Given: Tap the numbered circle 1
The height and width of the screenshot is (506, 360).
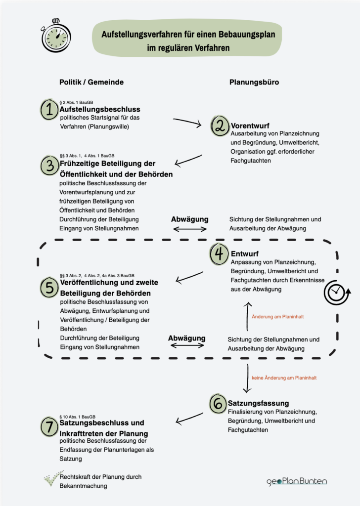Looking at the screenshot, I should point(49,110).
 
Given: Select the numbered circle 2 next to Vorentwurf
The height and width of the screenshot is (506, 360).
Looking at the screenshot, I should point(220,126).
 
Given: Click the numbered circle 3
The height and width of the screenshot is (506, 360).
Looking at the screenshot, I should point(49,166).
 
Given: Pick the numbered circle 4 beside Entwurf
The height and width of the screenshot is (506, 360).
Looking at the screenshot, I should point(219,254).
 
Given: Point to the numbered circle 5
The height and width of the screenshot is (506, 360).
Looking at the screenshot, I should point(49,287).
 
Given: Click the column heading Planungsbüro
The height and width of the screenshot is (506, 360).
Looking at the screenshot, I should point(254,83).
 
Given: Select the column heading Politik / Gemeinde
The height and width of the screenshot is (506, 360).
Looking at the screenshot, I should point(91,83).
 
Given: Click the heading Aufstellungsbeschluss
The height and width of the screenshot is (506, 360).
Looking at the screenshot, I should point(100,109).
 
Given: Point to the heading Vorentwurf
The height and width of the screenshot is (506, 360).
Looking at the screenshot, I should point(250,125).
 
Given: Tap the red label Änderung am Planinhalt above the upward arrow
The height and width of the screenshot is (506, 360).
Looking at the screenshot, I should point(278,316).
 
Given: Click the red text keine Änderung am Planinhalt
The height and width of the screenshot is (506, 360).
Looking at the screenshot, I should point(284,378).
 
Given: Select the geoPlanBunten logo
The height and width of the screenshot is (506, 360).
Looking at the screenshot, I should point(297,481).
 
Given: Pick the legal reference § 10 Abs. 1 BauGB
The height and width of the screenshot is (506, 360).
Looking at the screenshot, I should point(77,416).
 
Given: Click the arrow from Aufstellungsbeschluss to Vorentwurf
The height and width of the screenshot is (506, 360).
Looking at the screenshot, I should point(187,122).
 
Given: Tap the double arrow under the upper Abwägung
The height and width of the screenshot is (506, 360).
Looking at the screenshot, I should point(189,229).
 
